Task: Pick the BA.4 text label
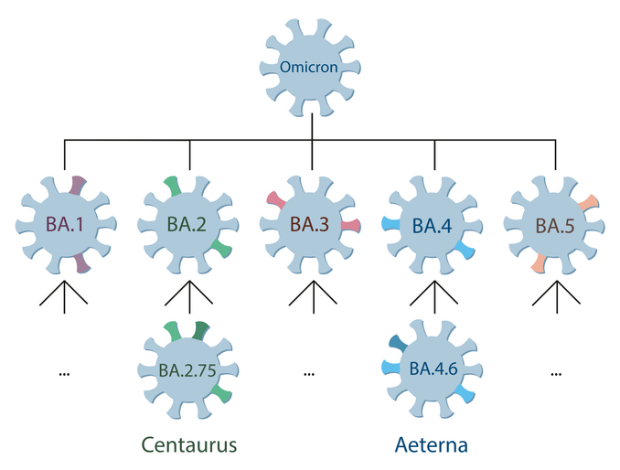(x=433, y=223)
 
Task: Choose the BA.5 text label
(x=555, y=223)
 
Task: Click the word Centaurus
(x=189, y=445)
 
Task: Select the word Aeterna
(x=433, y=445)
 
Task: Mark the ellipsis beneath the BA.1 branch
(x=65, y=374)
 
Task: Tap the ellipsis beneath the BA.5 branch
(x=555, y=374)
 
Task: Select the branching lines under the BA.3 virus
(x=312, y=297)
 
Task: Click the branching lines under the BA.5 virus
(x=555, y=297)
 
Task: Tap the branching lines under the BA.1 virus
(x=65, y=297)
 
